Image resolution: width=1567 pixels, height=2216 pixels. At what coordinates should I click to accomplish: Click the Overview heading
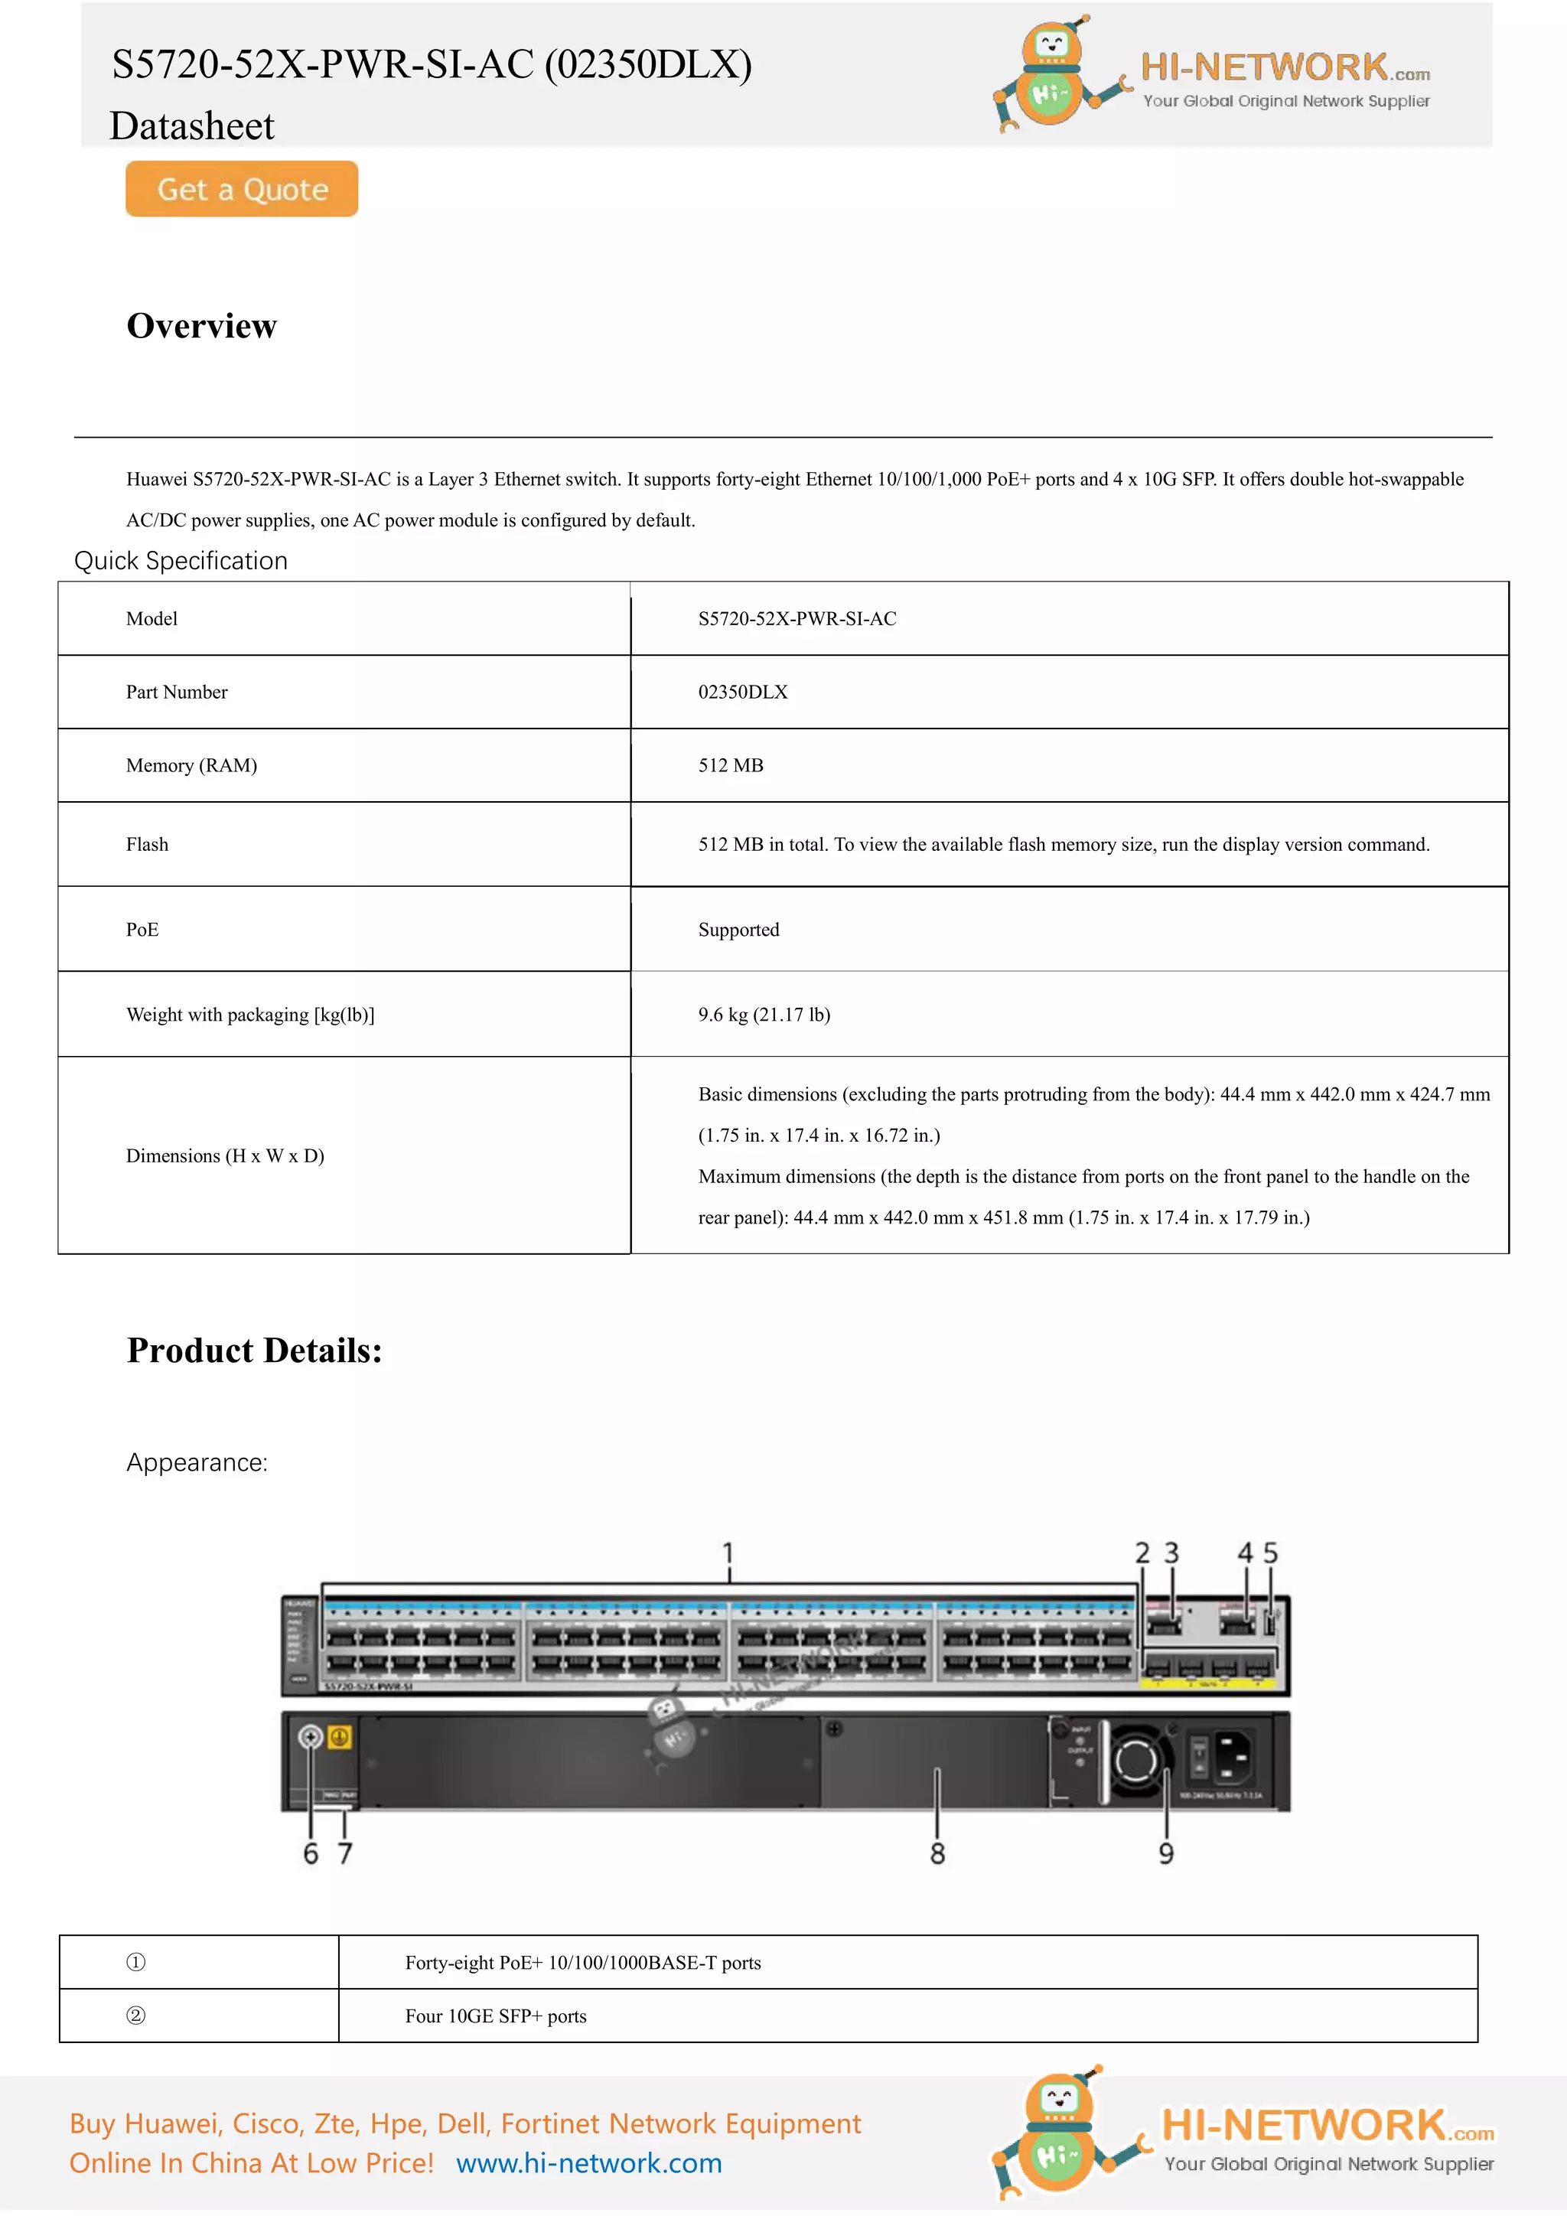pos(202,326)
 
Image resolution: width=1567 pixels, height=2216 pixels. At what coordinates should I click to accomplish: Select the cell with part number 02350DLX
pos(743,692)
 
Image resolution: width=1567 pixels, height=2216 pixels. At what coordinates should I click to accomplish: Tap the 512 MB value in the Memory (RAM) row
pos(731,765)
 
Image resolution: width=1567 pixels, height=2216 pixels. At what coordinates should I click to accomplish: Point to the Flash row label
pos(147,845)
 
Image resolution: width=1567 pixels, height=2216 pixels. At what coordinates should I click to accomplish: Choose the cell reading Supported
pos(738,930)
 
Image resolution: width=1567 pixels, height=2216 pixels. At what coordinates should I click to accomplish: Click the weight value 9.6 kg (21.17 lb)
pos(764,1015)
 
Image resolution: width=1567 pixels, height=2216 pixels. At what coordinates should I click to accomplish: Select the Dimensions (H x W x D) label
pos(225,1155)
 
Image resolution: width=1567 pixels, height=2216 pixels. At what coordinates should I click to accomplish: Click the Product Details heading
pos(255,1351)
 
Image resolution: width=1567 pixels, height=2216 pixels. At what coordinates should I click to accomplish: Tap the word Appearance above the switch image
pos(197,1462)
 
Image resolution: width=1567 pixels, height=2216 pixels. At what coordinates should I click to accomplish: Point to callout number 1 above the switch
pos(728,1553)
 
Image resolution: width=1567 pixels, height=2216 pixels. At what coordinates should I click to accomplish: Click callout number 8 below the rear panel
pos(937,1853)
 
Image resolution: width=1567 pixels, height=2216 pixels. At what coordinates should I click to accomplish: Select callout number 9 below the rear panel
pos(1165,1853)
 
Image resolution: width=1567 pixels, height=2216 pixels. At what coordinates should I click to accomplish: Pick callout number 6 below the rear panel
pos(311,1853)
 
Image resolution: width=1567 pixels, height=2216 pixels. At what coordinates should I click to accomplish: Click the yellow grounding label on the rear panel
pos(340,1737)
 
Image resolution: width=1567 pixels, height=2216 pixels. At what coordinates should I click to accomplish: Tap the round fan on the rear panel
pos(1135,1761)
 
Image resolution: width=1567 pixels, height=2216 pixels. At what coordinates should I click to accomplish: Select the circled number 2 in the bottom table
pos(136,2016)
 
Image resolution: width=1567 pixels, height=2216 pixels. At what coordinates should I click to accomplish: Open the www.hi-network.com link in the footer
pos(588,2163)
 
